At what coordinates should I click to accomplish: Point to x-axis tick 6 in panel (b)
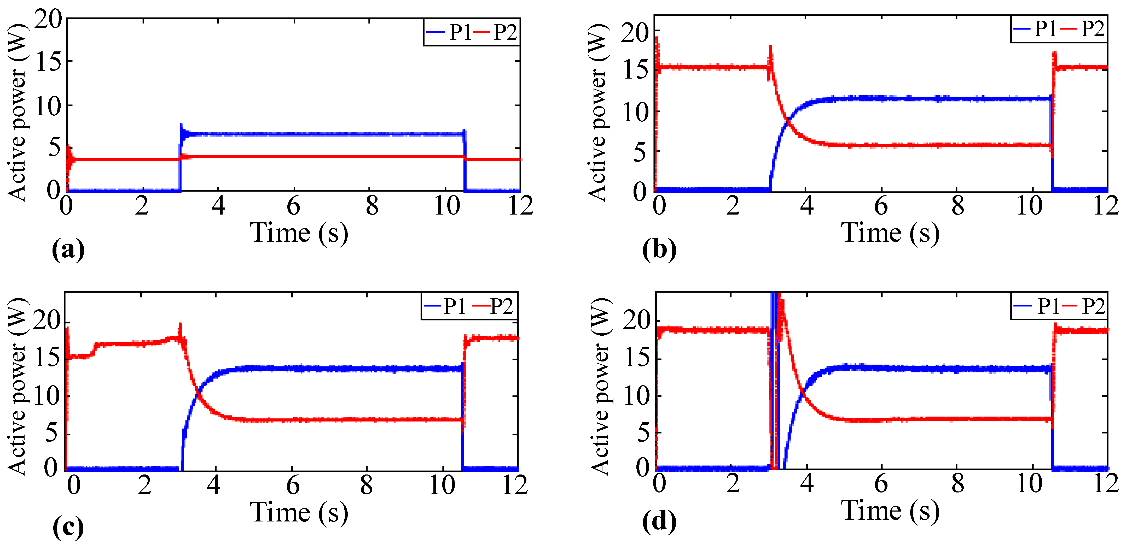881,206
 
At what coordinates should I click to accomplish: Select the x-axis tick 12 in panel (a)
520,206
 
